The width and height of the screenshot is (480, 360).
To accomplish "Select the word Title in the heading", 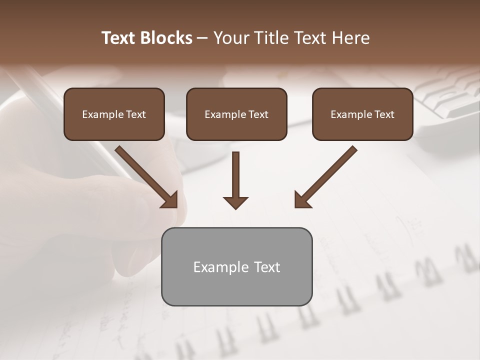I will [269, 38].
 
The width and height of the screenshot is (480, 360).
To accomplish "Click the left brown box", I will [114, 114].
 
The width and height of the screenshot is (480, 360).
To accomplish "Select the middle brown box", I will [236, 114].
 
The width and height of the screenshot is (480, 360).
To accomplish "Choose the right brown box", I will [362, 114].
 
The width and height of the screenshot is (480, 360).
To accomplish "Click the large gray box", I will [236, 266].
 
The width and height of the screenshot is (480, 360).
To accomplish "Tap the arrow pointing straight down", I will [235, 177].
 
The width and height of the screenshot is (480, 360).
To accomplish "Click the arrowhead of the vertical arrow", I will [235, 202].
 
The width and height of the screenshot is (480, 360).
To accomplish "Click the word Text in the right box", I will [384, 114].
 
